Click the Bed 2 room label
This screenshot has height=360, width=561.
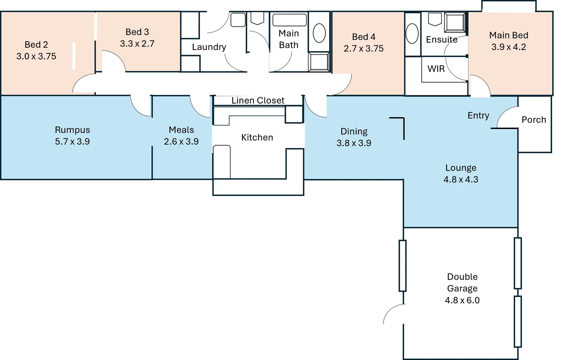36,45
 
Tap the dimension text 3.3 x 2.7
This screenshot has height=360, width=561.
137,44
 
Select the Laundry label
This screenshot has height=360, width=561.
209,47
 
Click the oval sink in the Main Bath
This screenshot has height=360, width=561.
319,33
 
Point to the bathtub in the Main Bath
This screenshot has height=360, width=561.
289,20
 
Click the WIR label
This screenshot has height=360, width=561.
436,69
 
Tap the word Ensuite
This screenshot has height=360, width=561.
442,40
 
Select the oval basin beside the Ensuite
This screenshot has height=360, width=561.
412,33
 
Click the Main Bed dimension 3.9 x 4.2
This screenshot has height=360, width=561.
508,47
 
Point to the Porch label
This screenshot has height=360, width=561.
534,120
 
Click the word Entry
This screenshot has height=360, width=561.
478,115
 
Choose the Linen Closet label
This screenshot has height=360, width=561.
258,100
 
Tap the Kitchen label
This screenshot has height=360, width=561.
257,137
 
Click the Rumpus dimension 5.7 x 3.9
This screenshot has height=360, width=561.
72,141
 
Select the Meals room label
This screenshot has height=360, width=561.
181,130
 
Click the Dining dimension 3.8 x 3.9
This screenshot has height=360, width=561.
354,143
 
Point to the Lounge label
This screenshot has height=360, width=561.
461,168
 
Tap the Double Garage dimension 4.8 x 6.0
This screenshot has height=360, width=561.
462,300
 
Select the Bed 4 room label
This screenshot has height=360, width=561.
363,37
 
